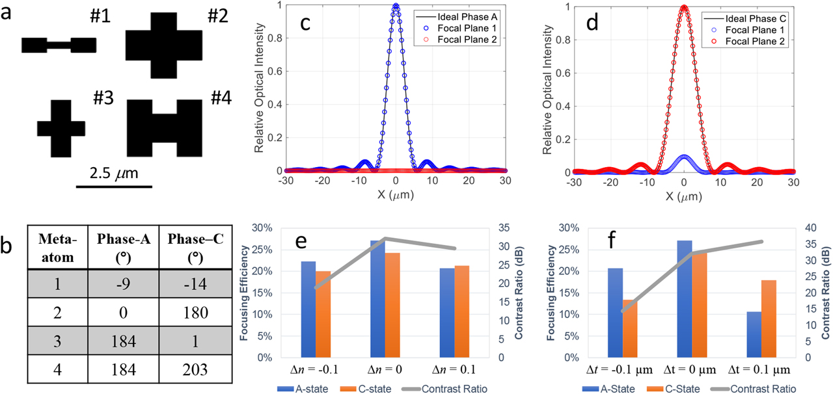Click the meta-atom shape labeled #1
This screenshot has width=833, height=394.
click(59, 45)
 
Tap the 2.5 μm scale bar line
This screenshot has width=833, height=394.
click(114, 187)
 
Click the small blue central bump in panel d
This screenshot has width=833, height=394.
click(683, 157)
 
